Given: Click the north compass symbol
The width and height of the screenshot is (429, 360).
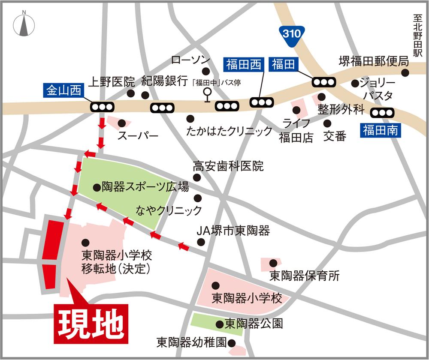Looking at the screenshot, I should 24,24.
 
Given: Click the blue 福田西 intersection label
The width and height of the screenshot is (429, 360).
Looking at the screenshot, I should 244,65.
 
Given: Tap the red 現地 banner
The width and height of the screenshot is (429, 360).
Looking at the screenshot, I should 91,324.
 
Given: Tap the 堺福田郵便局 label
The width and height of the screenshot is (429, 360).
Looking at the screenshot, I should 373,61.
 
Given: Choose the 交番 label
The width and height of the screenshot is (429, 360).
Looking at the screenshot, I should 335,136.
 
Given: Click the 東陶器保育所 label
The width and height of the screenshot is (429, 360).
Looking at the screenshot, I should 305,276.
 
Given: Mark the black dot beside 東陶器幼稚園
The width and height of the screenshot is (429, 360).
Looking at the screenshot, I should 232,343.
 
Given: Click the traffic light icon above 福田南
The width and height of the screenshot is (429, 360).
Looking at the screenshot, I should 382,112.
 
